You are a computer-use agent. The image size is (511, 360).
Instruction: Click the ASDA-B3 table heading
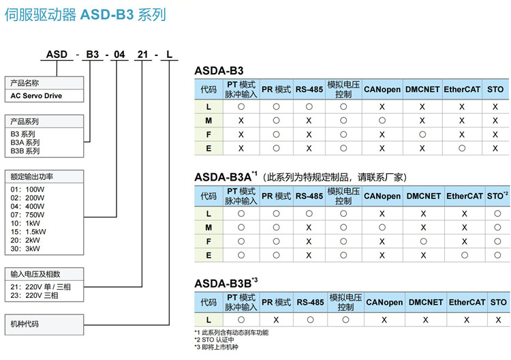(219, 70)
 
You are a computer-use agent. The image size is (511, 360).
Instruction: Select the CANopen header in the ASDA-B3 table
(382, 89)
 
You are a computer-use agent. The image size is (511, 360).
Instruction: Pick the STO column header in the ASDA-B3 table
(495, 89)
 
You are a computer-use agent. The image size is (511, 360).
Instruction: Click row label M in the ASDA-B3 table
(208, 120)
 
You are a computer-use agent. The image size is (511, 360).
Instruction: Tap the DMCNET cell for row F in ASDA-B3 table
(422, 134)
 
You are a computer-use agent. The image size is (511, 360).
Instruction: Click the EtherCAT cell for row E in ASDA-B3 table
(462, 147)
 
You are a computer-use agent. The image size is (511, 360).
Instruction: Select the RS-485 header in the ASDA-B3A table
(309, 196)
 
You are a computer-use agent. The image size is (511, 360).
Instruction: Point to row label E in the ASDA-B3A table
(208, 254)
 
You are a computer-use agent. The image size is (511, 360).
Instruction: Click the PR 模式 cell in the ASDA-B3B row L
(276, 319)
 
